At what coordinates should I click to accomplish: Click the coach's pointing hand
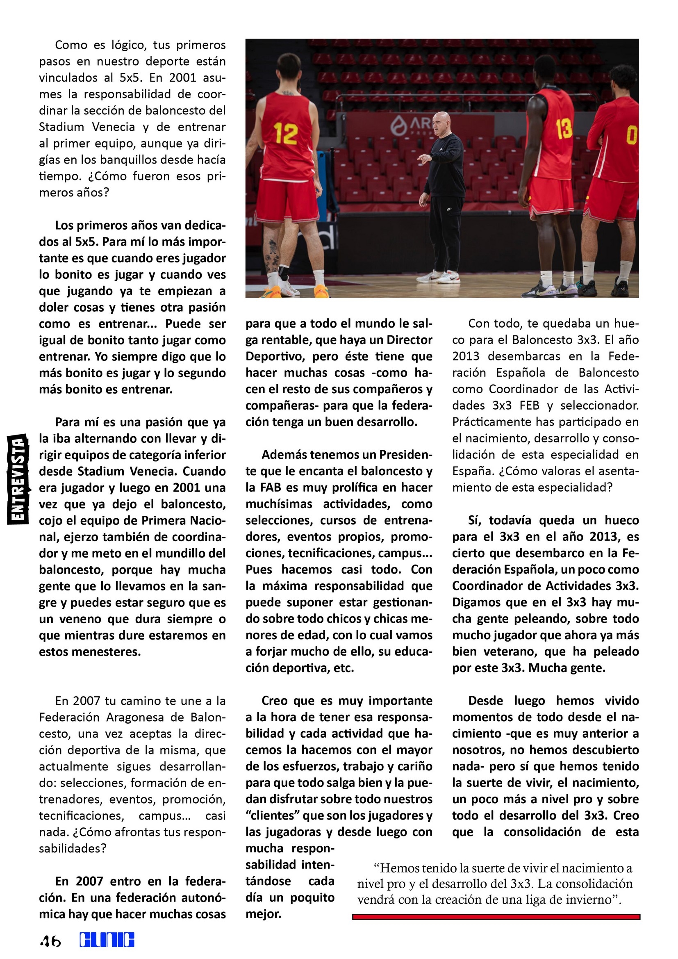point(424,158)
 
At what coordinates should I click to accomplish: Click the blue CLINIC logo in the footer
point(107,940)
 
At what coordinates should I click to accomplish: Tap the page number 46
point(50,941)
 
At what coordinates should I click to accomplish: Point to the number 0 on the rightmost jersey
point(631,135)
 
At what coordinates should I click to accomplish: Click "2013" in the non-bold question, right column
point(466,356)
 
